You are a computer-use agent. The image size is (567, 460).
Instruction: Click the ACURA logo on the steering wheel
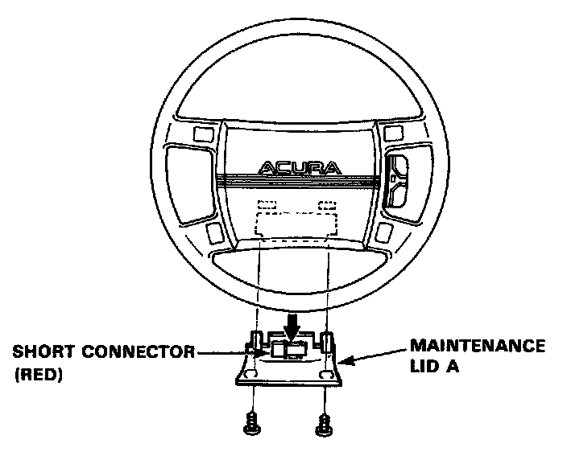pyautogui.click(x=299, y=168)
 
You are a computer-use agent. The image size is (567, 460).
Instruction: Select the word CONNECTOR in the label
pyautogui.click(x=132, y=351)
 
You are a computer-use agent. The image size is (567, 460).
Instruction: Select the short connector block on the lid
pyautogui.click(x=288, y=350)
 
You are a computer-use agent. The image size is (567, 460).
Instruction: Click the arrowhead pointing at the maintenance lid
pyautogui.click(x=345, y=363)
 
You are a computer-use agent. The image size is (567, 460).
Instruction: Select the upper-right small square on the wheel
pyautogui.click(x=395, y=130)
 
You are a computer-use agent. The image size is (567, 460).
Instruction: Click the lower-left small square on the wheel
pyautogui.click(x=214, y=232)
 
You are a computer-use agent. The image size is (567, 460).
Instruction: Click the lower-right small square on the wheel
pyautogui.click(x=384, y=232)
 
